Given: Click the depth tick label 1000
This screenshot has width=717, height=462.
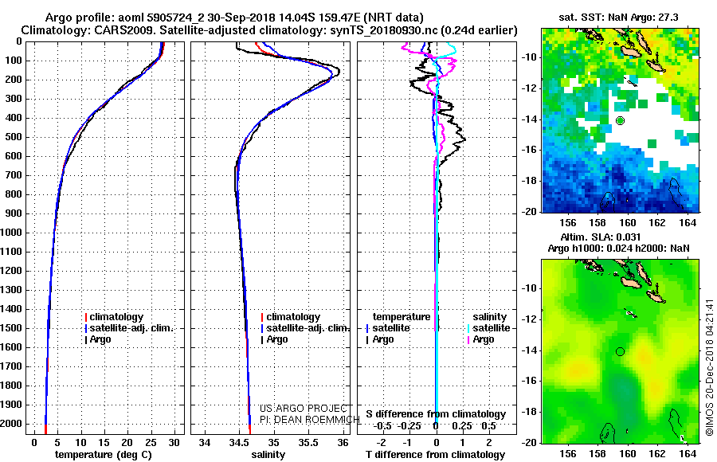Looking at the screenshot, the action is [x=11, y=233].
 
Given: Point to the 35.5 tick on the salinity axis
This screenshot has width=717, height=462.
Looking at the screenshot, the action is [x=308, y=442].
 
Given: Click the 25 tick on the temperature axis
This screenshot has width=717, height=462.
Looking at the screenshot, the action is [x=151, y=442].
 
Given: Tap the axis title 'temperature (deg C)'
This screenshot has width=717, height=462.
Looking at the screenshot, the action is [x=104, y=455].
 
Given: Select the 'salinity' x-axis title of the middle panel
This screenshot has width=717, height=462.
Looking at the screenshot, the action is [x=268, y=455].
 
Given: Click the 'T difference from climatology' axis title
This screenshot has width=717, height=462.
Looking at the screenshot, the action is [x=435, y=455].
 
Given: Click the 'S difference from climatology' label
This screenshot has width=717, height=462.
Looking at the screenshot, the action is [x=436, y=414].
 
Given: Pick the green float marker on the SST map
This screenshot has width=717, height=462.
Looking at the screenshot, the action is [x=620, y=121].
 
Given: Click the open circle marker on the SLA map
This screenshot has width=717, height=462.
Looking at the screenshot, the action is [x=620, y=351].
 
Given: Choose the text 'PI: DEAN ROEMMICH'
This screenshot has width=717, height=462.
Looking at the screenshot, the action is [x=310, y=419].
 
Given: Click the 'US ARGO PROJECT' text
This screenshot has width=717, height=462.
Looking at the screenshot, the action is [x=304, y=408].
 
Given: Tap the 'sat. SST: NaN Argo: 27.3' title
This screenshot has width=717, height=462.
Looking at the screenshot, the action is [x=619, y=18].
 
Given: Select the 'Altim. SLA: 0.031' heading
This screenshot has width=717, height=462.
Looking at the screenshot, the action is [x=601, y=237].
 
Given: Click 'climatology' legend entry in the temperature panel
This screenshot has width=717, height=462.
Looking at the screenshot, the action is [x=114, y=316].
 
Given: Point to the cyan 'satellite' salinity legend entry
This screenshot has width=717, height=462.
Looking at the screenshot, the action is [x=488, y=328].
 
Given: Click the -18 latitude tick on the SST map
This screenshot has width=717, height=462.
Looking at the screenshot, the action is [x=530, y=181].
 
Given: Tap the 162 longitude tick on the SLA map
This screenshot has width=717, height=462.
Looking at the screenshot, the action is [x=657, y=453].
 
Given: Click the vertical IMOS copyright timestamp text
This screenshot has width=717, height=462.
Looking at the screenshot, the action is [x=710, y=367].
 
